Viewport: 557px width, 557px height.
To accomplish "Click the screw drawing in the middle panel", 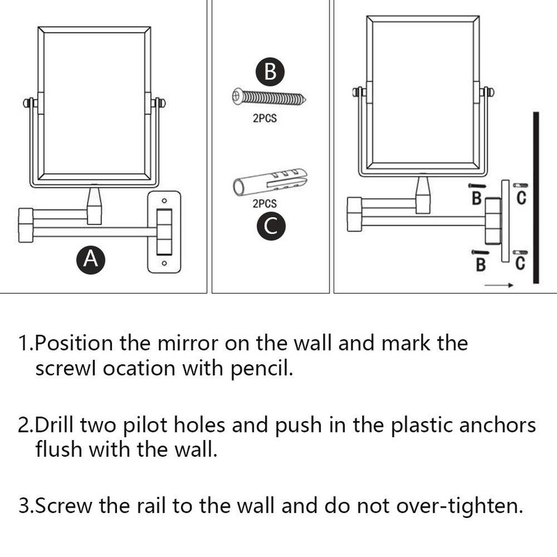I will click(x=269, y=97).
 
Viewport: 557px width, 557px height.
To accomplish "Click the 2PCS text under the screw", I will click(x=265, y=119).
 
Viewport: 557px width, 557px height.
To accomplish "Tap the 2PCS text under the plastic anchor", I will click(x=265, y=204).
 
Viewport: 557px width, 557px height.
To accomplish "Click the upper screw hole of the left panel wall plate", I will click(x=164, y=202).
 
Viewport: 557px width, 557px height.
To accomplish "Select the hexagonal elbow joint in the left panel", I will click(x=26, y=223).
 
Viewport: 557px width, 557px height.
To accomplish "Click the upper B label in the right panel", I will click(x=477, y=199).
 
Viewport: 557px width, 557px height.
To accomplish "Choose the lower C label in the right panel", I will click(x=520, y=263).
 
